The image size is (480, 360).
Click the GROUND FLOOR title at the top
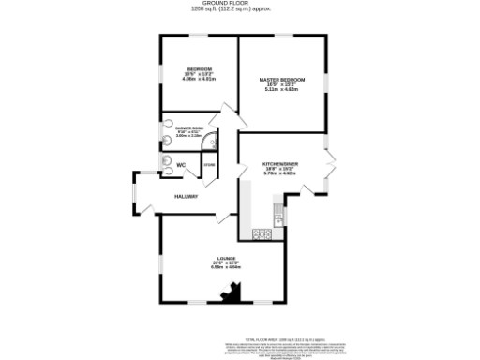[x=240, y=4]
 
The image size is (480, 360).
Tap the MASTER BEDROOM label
[x=280, y=80]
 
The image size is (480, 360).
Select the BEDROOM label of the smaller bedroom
[x=199, y=70]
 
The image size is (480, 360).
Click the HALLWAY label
[x=186, y=196]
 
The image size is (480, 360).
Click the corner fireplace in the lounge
[x=228, y=297]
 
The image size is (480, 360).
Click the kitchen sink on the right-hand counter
[x=277, y=214]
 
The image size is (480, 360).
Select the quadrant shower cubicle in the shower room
[x=209, y=141]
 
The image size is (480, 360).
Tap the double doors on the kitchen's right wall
[x=329, y=170]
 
